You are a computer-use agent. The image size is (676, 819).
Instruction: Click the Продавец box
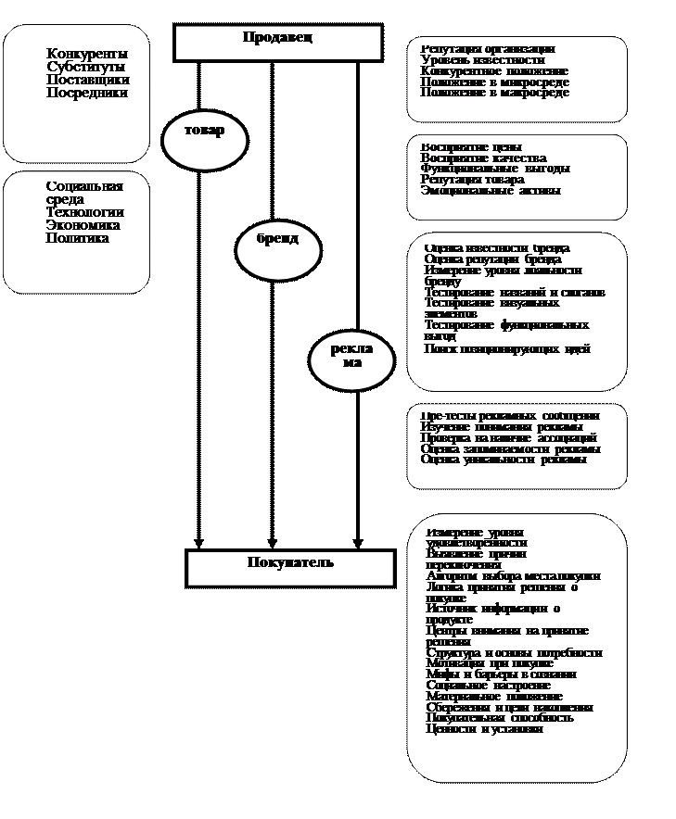pos(278,42)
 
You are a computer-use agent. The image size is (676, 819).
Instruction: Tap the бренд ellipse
pos(278,248)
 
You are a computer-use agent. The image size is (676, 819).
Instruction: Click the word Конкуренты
pos(87,54)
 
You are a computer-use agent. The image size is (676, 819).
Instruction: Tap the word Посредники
pos(87,93)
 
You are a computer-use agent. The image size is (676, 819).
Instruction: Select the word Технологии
pos(84,212)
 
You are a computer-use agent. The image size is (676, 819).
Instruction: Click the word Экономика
pos(83,225)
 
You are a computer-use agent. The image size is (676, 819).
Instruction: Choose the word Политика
pos(78,238)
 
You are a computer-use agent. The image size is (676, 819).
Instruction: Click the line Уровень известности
pos(482,60)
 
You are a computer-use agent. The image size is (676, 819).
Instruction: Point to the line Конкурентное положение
pos(494,71)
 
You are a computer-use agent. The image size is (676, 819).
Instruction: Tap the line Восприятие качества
pos(483,158)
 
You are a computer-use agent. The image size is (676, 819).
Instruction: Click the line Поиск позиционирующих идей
pos(507,349)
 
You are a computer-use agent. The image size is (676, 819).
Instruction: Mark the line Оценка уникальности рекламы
pos(504,459)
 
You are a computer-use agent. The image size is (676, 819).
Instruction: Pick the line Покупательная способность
pos(500,718)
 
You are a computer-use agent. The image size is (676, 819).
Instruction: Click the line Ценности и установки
pos(485,729)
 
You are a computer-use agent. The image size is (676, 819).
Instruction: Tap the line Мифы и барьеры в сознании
pos(501,674)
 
